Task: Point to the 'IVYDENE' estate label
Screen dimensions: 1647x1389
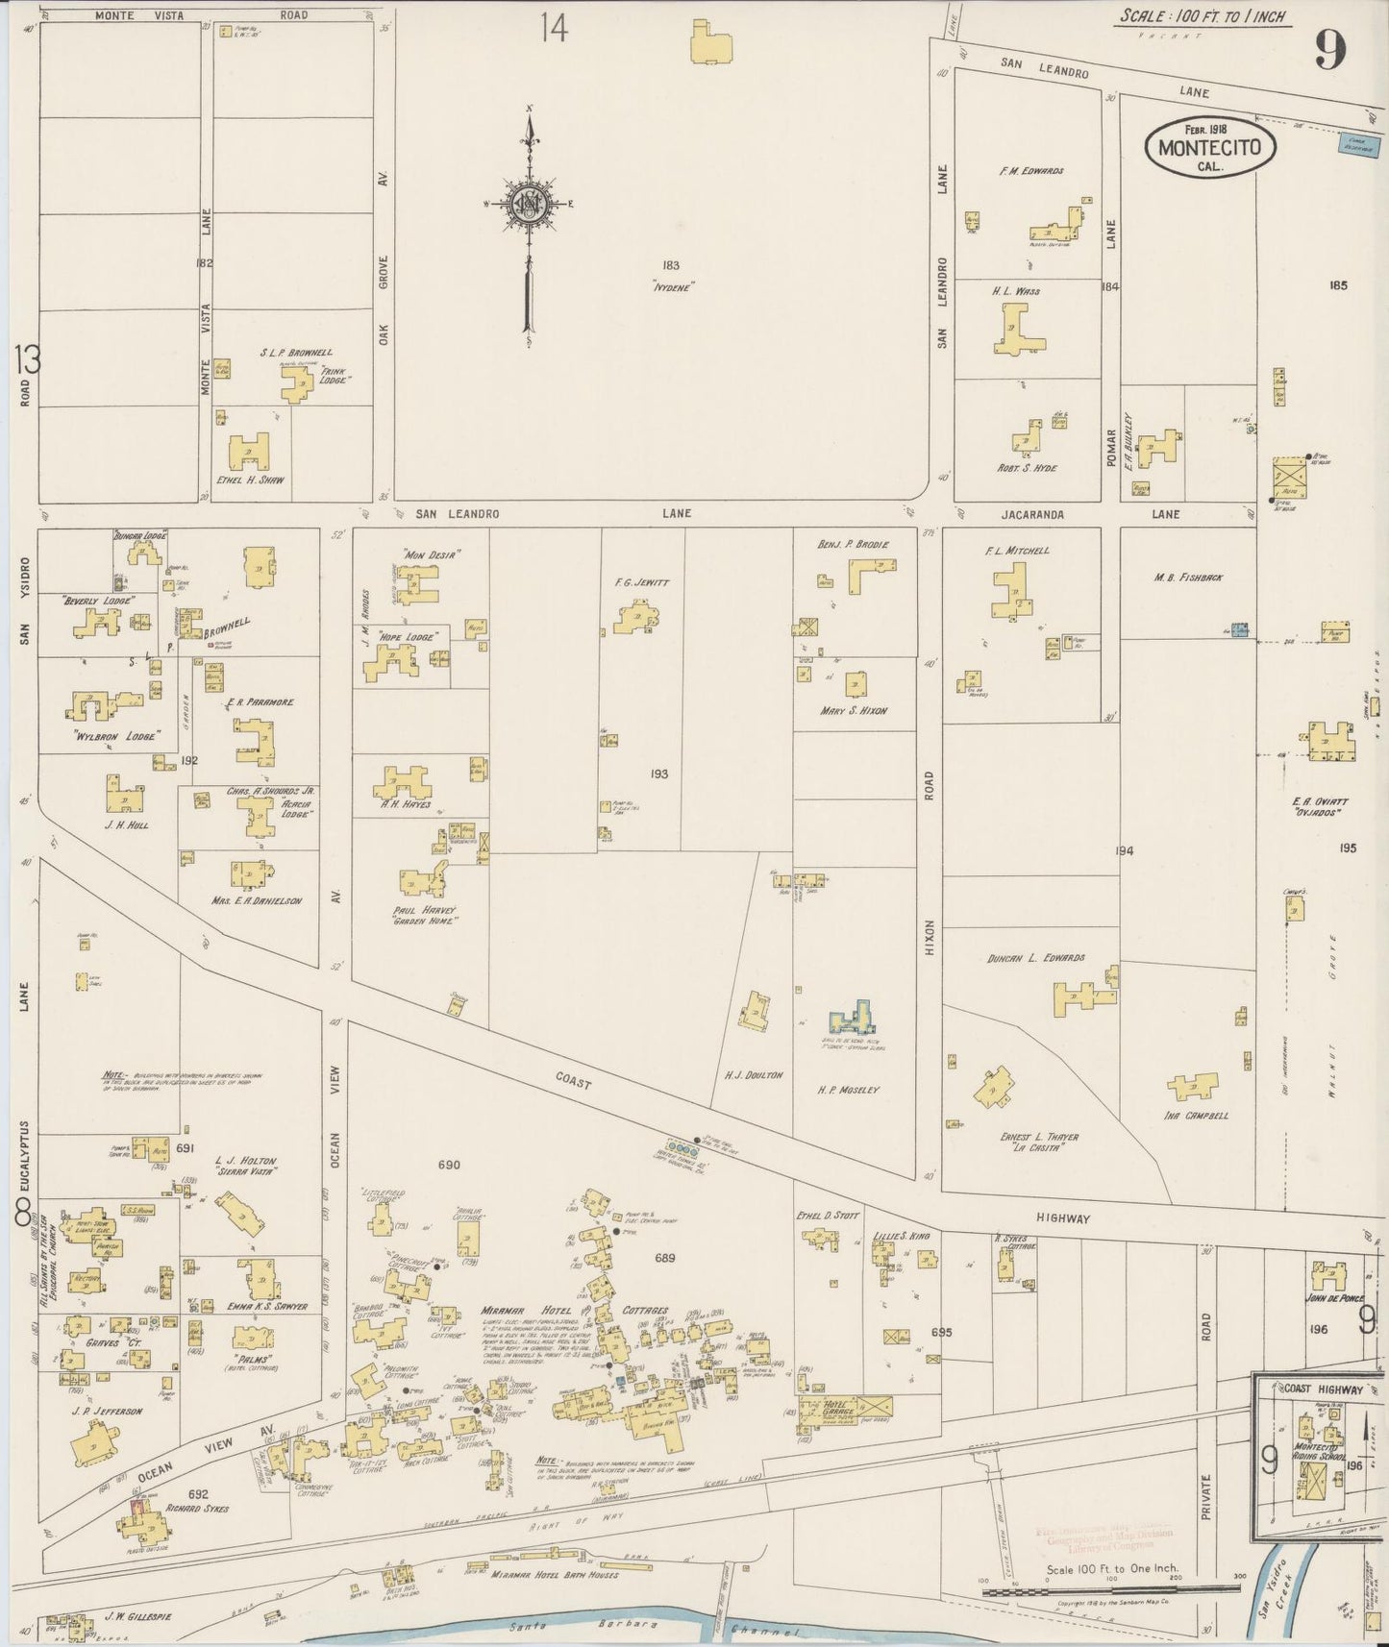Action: pyautogui.click(x=673, y=285)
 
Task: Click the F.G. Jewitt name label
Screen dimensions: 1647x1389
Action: pyautogui.click(x=641, y=582)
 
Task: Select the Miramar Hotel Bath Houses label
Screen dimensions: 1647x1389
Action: pyautogui.click(x=553, y=1575)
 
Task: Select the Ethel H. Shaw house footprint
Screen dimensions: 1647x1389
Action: pyautogui.click(x=249, y=450)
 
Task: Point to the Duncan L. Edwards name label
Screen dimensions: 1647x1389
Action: pyautogui.click(x=1035, y=958)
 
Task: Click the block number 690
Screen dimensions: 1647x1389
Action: pyautogui.click(x=449, y=1165)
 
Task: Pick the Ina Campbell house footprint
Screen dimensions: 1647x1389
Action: pyautogui.click(x=1192, y=1087)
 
